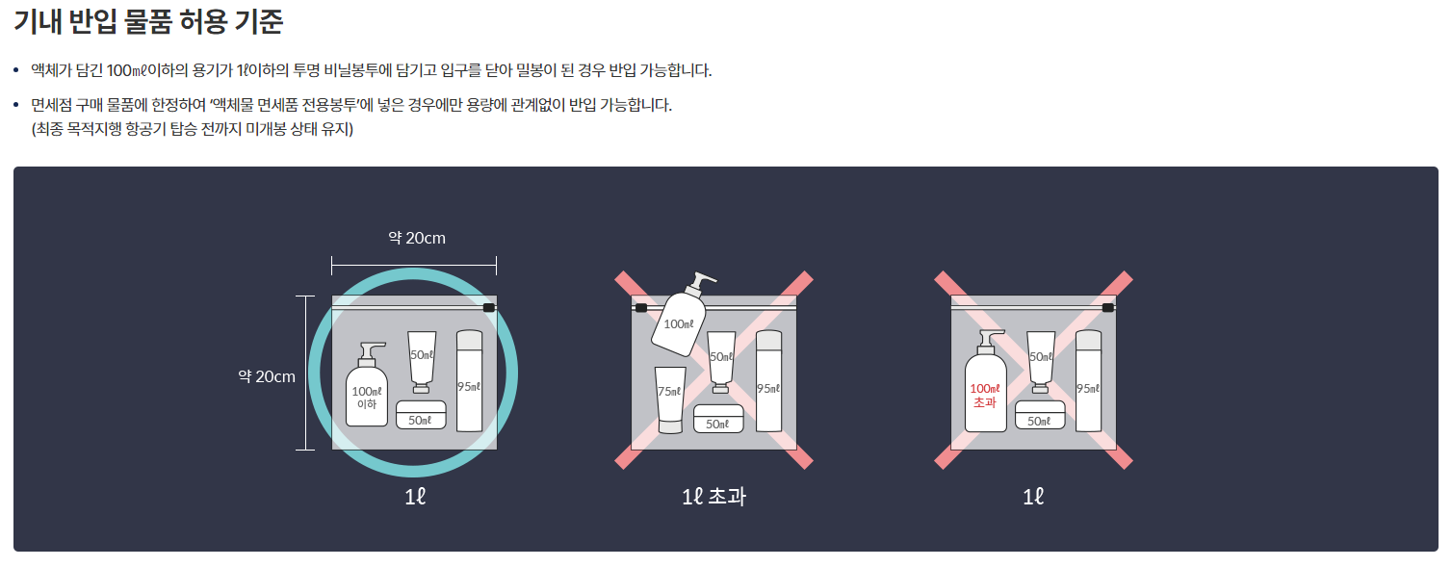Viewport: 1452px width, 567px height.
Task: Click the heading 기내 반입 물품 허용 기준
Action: [x=148, y=21]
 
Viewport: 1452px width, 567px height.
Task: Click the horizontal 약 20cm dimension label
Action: [x=417, y=238]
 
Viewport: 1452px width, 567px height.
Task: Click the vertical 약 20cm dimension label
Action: [x=267, y=376]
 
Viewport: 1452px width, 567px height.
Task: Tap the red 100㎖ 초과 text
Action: [x=985, y=396]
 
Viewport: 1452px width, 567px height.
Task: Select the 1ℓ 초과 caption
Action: [x=713, y=497]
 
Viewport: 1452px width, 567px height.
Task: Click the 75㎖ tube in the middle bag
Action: [x=669, y=399]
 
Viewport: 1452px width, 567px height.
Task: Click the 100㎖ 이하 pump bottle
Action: [x=367, y=385]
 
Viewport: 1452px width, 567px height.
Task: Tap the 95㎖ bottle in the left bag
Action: [x=469, y=381]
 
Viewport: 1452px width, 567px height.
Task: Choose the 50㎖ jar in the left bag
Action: [x=421, y=415]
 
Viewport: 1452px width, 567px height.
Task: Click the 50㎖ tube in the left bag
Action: [x=422, y=362]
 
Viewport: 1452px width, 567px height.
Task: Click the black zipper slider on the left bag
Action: [x=489, y=307]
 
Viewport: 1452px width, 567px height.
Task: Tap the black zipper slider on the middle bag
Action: [x=640, y=307]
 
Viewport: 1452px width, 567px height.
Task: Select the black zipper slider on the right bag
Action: [x=1108, y=307]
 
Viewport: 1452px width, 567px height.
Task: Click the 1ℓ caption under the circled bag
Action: [x=415, y=497]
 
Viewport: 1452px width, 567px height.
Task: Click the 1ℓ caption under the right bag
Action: [x=1033, y=497]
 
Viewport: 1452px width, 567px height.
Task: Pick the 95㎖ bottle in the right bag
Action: [x=1088, y=381]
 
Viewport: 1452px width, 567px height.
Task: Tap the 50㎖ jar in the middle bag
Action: [x=718, y=419]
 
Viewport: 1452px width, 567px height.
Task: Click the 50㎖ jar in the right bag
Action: [x=1040, y=415]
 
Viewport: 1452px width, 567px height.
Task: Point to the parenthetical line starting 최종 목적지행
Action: [x=193, y=129]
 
